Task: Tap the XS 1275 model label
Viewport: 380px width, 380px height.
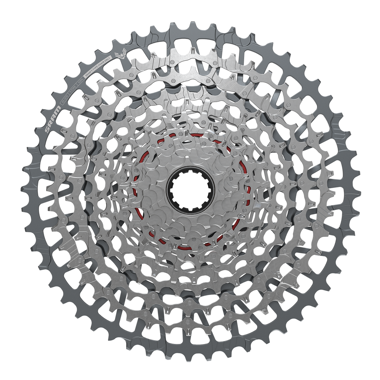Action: coord(65,100)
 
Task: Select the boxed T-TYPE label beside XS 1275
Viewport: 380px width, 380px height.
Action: coord(73,90)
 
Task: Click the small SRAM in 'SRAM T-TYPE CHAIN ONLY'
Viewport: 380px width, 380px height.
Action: coord(88,74)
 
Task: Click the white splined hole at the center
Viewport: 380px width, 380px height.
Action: coord(190,190)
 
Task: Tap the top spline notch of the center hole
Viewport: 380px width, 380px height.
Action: coord(190,172)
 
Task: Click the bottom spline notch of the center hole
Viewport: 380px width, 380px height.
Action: coord(190,209)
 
